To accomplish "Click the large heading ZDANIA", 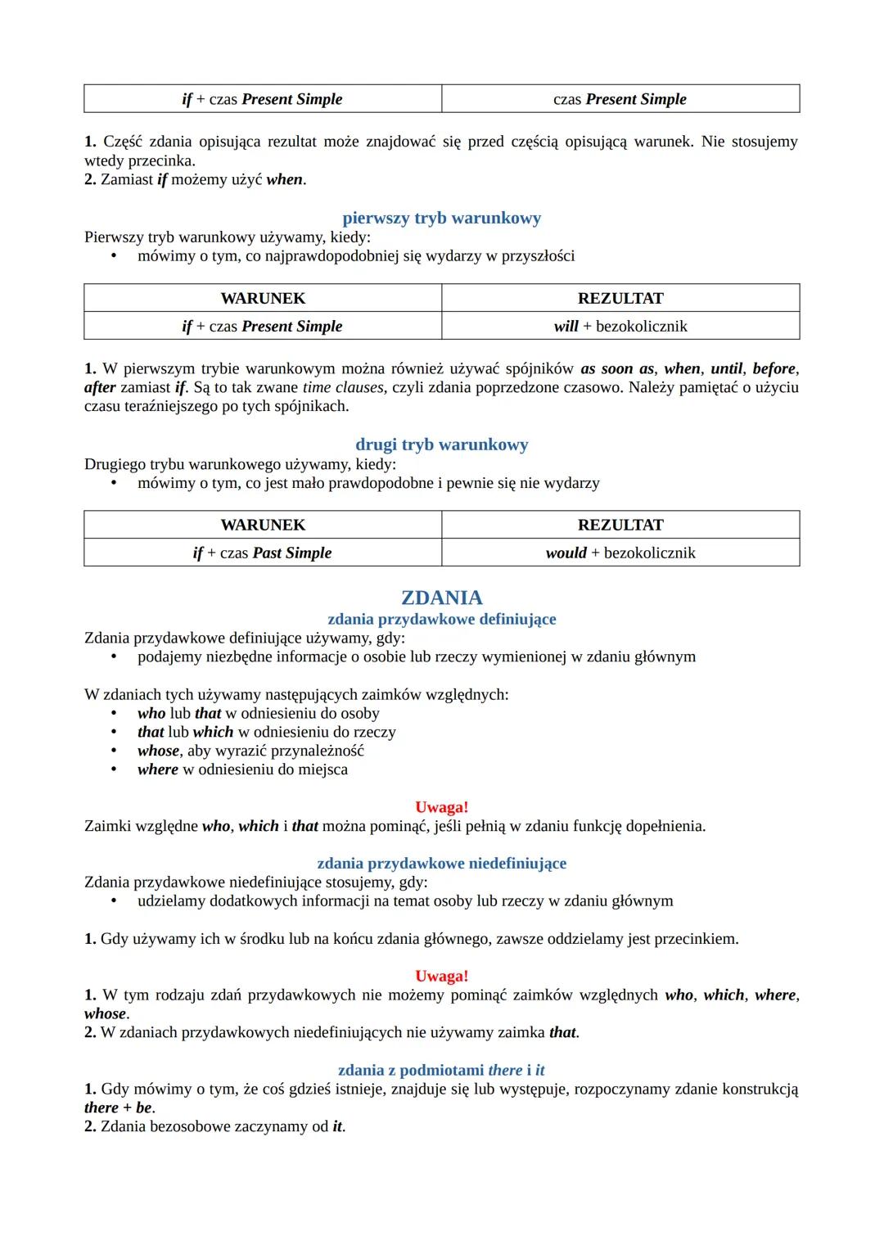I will (441, 598).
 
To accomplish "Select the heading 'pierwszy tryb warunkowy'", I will (441, 218).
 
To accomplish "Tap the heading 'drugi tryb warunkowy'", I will (441, 444).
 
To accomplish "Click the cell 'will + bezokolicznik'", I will (620, 326).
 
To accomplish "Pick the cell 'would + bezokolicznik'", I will (620, 553).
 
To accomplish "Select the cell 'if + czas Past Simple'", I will (262, 553).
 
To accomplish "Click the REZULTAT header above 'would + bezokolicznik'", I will (620, 525).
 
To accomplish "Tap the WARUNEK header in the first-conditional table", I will (262, 298).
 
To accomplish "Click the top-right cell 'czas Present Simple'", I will (620, 99).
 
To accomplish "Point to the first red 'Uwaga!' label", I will (441, 807).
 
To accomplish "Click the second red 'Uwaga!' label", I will (441, 976).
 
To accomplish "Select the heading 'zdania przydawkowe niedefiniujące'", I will (441, 863).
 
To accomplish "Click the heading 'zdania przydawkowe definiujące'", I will (441, 619).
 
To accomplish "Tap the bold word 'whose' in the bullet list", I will (158, 751).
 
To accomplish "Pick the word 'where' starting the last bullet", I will (157, 769).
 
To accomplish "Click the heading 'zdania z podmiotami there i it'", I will (441, 1070).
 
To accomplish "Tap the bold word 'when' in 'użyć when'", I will (284, 179).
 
